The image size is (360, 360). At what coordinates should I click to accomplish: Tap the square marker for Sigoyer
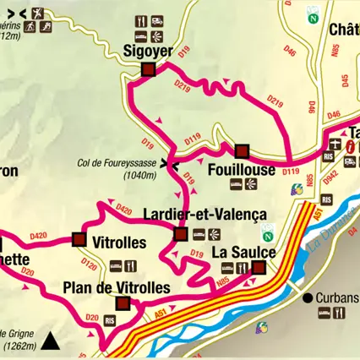point(148,70)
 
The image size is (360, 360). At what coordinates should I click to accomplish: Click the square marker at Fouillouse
point(243,152)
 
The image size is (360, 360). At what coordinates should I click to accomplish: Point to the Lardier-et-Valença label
point(205,215)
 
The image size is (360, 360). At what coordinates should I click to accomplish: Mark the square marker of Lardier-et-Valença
point(179,234)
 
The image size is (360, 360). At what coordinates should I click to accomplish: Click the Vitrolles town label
point(117,242)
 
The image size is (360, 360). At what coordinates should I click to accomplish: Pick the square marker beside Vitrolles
point(79,239)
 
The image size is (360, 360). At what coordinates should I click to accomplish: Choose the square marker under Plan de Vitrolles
point(123,304)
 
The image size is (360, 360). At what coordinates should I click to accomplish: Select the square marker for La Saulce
point(259,269)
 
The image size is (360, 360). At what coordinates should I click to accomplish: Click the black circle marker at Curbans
point(308,297)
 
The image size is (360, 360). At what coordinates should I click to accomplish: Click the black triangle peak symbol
point(52,342)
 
